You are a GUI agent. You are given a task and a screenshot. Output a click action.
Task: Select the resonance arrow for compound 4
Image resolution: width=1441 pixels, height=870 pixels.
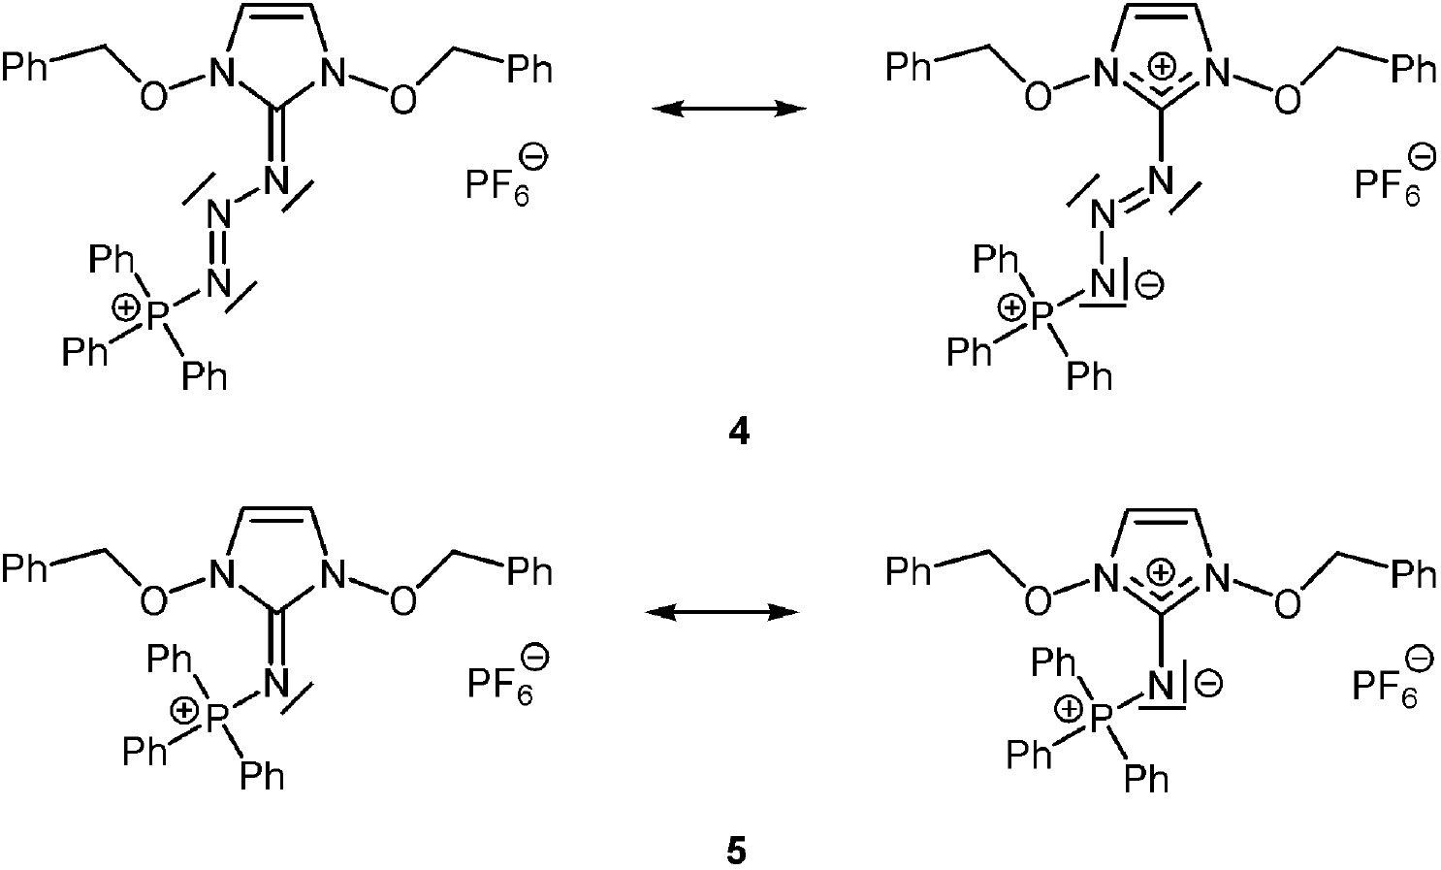tap(728, 109)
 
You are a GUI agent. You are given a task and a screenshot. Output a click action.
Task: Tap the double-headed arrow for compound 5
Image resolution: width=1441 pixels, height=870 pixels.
tap(722, 613)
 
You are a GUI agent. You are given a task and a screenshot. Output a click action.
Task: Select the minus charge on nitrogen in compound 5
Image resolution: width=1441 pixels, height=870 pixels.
tap(1210, 685)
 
